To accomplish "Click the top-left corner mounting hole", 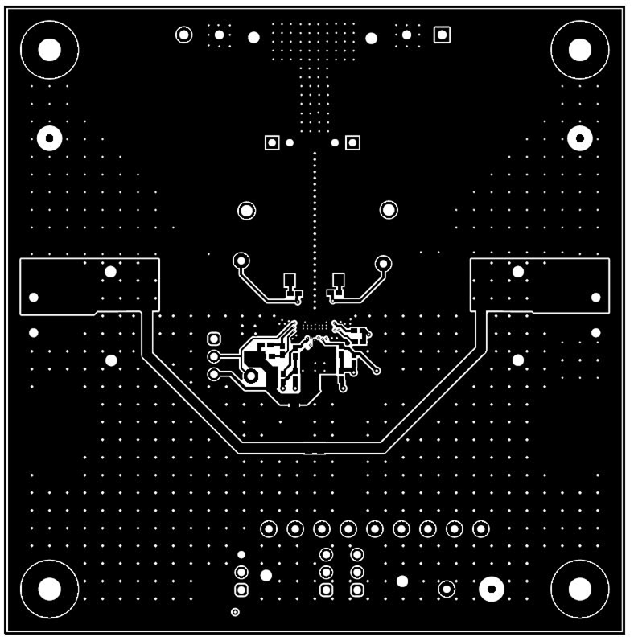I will [x=50, y=50].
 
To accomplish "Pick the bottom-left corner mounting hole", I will [x=50, y=590].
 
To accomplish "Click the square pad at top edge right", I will [x=441, y=35].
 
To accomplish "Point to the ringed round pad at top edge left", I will [x=184, y=35].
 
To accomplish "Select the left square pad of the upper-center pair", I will [x=272, y=143].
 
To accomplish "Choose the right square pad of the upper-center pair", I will [x=352, y=143].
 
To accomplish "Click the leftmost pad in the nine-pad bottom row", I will [x=269, y=529].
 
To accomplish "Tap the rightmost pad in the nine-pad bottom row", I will [x=480, y=529].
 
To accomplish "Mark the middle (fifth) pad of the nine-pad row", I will [x=375, y=529].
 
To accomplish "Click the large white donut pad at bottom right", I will [x=491, y=590].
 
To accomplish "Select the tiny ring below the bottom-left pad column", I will [x=235, y=613].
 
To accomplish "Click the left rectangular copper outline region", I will [x=89, y=286].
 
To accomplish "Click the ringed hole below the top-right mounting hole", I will [x=579, y=139].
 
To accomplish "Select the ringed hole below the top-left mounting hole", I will [x=50, y=139].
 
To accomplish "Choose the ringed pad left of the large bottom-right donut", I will [x=447, y=590].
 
